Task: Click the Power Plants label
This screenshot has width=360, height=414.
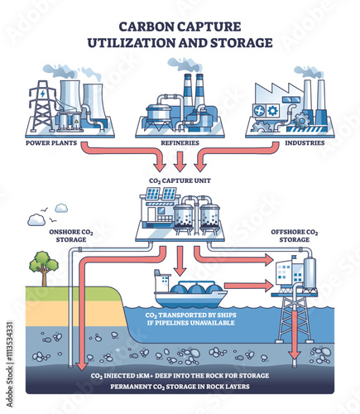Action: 51,143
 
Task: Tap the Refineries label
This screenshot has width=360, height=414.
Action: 180,143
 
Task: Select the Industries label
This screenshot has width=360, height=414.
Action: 305,143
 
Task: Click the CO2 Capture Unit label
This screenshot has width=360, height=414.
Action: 180,181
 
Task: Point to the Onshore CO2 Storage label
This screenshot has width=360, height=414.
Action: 71,236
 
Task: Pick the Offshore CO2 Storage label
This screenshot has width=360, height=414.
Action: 295,236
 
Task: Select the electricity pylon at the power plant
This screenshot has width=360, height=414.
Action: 42,105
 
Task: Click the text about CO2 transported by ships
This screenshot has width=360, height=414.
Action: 190,319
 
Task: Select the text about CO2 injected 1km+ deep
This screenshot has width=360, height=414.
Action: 180,376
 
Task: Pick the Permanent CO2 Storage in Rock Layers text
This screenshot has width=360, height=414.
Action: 180,387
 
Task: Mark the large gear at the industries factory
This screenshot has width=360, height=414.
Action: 300,121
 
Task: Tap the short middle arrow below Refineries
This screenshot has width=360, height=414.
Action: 180,161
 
